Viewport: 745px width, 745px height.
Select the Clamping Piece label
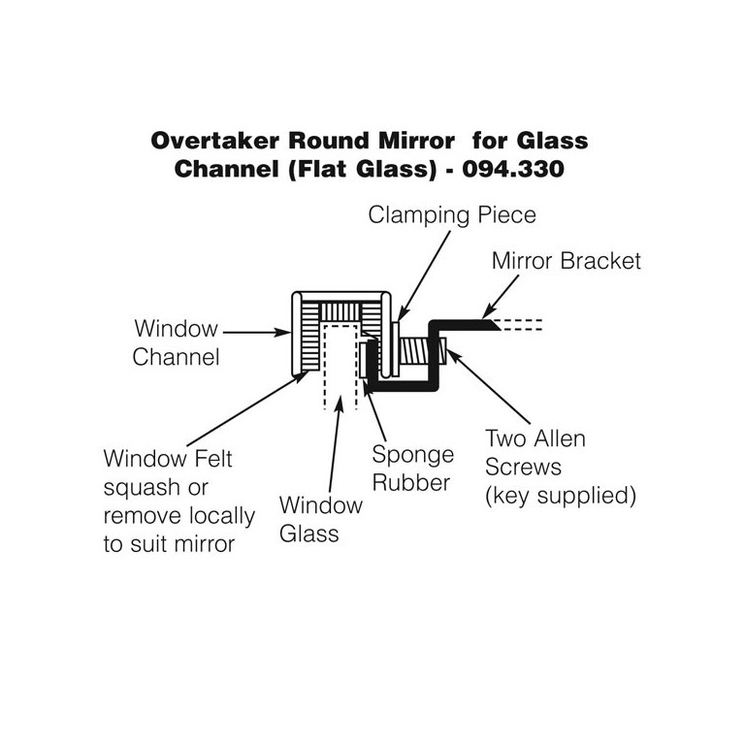coord(452,215)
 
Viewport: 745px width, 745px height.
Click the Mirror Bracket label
coord(567,261)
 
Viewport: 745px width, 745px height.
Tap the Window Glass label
coord(320,518)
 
